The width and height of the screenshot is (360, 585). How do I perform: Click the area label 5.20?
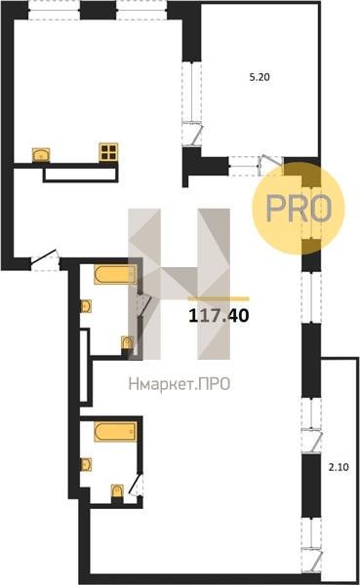(x=260, y=77)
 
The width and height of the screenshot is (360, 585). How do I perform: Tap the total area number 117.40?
(x=219, y=316)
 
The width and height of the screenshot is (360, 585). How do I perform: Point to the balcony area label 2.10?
(x=339, y=467)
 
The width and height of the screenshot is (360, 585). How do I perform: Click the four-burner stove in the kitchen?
(x=108, y=152)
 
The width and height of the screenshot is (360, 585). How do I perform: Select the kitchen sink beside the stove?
(x=41, y=155)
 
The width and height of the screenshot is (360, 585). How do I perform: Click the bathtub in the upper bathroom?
(x=115, y=275)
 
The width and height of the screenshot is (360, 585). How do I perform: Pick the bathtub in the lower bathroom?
(x=115, y=432)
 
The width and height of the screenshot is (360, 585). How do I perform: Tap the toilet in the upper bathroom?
(x=127, y=343)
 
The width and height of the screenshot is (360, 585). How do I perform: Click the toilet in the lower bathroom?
(x=117, y=490)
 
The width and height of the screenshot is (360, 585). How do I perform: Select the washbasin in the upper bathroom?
(x=86, y=306)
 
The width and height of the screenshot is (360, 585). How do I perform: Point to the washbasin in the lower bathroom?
(x=86, y=464)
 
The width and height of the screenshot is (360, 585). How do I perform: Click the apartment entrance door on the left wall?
(x=45, y=259)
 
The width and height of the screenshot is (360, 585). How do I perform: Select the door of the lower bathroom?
(x=137, y=485)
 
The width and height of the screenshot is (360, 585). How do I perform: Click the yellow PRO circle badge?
(x=298, y=209)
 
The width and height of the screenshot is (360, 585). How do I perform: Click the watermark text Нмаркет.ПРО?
(x=180, y=384)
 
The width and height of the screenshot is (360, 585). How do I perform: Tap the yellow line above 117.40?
(x=219, y=299)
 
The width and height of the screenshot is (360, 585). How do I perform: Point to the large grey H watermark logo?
(x=180, y=284)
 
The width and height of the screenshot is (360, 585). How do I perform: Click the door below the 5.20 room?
(x=270, y=165)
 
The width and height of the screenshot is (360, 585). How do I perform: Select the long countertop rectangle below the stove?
(x=81, y=175)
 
